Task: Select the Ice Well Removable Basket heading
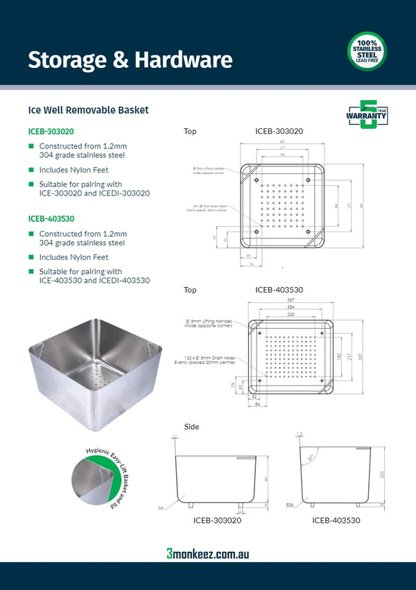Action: point(88,110)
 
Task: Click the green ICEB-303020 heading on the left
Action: point(51,131)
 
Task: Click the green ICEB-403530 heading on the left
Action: point(51,218)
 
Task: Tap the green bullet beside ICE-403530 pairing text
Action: point(31,272)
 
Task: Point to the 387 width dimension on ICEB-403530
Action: point(291,300)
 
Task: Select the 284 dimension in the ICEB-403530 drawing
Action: point(291,306)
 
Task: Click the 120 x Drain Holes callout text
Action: point(208,361)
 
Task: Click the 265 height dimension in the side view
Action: point(381,475)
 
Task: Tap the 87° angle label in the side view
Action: point(311,458)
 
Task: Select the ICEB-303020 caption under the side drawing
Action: point(217,520)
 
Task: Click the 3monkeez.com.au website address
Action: point(207,553)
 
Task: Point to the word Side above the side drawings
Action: point(191,426)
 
